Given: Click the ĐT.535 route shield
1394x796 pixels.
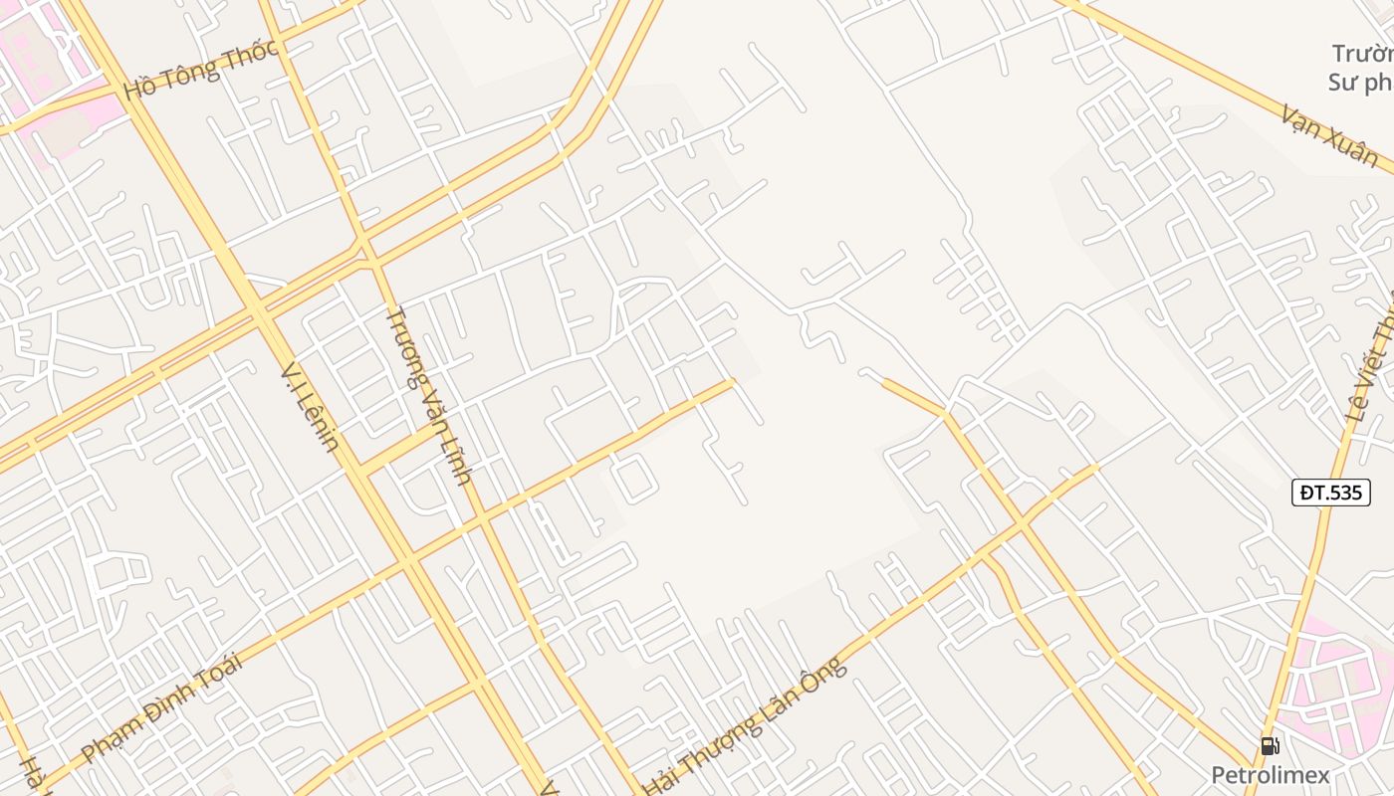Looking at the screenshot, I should tap(1330, 492).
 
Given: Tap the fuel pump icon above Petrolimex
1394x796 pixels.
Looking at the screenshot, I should tap(1270, 745).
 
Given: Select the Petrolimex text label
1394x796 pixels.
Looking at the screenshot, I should tap(1270, 774).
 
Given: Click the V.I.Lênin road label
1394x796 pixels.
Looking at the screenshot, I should tap(310, 406).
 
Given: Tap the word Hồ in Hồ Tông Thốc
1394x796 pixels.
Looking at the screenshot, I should tap(139, 88).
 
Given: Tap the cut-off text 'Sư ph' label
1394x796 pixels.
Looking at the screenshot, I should tap(1360, 82).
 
